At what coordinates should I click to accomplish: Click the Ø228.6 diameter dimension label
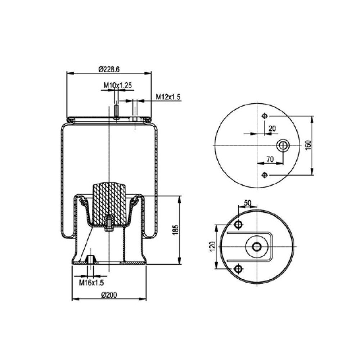pyautogui.click(x=109, y=69)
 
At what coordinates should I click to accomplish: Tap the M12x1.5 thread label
pyautogui.click(x=168, y=97)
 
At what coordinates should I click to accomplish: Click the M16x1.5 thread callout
pyautogui.click(x=91, y=283)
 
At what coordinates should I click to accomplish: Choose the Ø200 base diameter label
pyautogui.click(x=109, y=295)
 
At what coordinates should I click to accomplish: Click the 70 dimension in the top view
pyautogui.click(x=270, y=159)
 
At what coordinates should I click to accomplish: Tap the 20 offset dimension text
pyautogui.click(x=272, y=129)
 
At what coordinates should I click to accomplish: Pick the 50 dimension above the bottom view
pyautogui.click(x=247, y=203)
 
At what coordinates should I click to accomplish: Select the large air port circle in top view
pyautogui.click(x=282, y=145)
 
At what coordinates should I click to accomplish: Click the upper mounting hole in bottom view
pyautogui.click(x=238, y=225)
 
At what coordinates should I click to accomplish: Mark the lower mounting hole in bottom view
pyautogui.click(x=238, y=269)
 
